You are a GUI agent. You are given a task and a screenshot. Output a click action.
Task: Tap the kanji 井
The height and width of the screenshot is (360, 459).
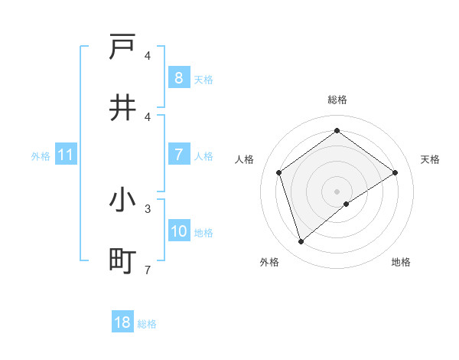point(123,108)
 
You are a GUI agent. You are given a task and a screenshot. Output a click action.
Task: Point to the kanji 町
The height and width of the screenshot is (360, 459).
point(123,261)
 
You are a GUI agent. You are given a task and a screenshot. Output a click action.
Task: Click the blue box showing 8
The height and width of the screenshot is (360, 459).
point(178,77)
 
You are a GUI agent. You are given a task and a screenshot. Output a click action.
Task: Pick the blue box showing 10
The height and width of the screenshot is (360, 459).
point(178,231)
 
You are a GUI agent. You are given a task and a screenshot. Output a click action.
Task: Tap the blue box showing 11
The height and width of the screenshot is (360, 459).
point(66,155)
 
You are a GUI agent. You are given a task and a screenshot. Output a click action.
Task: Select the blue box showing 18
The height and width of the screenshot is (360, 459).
point(122,322)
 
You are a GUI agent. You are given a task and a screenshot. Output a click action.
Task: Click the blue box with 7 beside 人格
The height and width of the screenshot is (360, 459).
point(178,155)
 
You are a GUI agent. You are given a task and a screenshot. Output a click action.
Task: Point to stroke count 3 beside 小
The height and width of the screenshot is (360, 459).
point(148,208)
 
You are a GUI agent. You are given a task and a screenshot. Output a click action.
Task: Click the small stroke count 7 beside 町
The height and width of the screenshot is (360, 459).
point(148,269)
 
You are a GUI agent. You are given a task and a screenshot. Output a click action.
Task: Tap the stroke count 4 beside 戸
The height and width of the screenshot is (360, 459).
point(148,55)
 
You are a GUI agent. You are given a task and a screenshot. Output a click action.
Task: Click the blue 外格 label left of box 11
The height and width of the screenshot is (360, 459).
point(41,155)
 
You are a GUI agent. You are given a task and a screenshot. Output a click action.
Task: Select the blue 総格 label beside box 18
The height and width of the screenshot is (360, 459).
point(147,323)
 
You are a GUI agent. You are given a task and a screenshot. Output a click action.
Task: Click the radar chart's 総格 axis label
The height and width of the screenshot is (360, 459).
point(337,100)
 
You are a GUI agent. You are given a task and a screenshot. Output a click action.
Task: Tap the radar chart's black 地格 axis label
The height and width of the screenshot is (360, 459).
point(401,262)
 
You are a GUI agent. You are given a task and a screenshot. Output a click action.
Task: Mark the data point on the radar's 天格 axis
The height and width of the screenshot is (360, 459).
point(396,172)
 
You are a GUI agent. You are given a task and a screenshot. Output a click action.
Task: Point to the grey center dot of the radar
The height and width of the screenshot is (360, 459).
point(337,191)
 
